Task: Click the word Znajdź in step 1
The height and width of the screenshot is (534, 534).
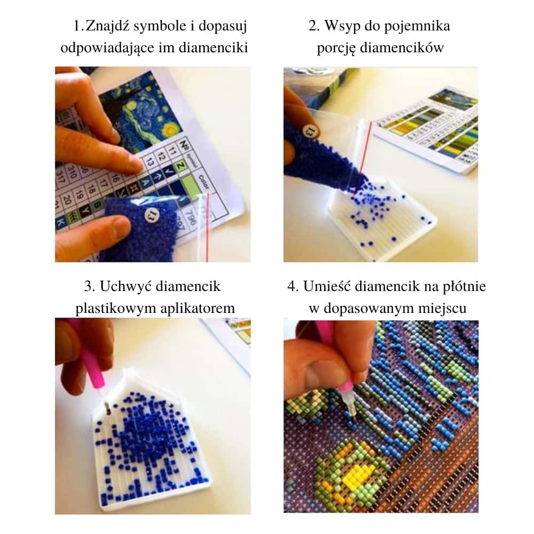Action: point(109,26)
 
